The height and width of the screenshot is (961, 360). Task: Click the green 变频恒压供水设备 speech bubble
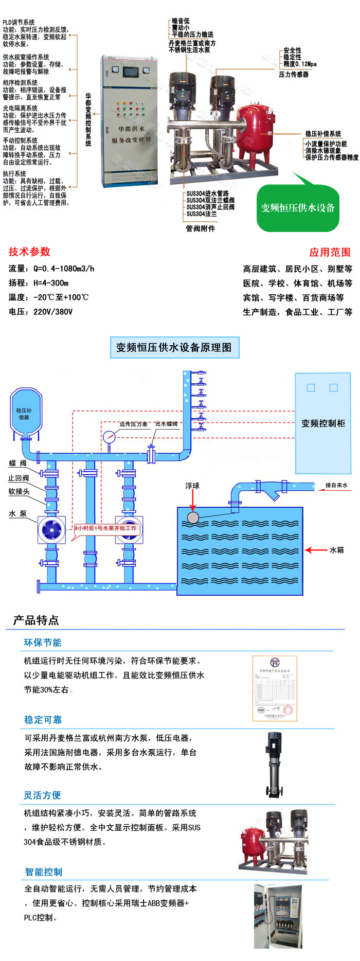click(x=298, y=208)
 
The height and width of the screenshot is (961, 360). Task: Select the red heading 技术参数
click(x=29, y=252)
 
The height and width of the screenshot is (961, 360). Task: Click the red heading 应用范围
click(x=330, y=252)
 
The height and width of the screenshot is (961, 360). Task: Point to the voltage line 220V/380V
click(x=41, y=312)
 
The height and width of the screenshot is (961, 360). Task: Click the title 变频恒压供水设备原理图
click(x=174, y=347)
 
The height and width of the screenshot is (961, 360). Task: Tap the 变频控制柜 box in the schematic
click(x=323, y=423)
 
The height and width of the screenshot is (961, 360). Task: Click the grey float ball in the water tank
click(x=193, y=517)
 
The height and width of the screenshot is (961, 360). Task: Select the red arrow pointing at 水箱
click(x=316, y=550)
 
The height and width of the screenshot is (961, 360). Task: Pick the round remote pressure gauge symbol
click(x=109, y=437)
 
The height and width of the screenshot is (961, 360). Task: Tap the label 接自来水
click(x=336, y=485)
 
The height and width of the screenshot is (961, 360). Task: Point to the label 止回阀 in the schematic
click(x=19, y=478)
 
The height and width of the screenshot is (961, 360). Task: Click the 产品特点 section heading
click(x=36, y=620)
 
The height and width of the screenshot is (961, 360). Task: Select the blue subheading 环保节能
click(x=43, y=643)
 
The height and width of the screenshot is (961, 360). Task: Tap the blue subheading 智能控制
click(x=44, y=871)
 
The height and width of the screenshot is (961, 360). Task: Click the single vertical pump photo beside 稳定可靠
click(x=273, y=765)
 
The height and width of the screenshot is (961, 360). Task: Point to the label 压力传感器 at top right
click(x=294, y=75)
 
